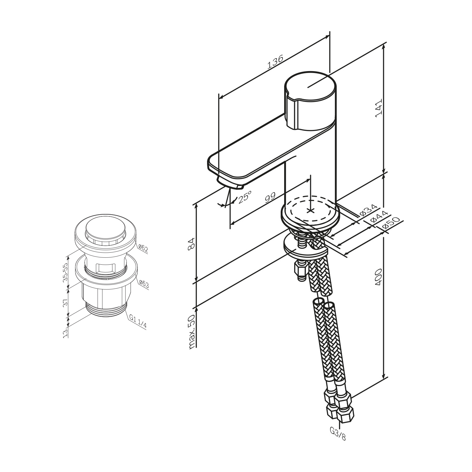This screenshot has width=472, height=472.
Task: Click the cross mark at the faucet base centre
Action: pyautogui.click(x=310, y=210)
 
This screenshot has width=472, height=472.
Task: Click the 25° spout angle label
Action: pyautogui.click(x=244, y=198)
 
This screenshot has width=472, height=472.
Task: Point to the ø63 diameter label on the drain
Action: pyautogui.click(x=143, y=284)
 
